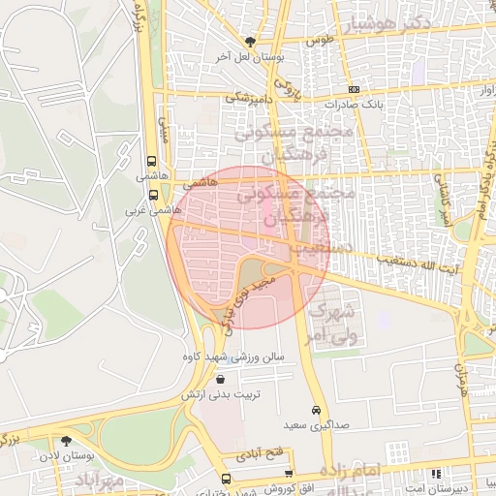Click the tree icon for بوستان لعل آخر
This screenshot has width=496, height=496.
pyautogui.click(x=252, y=42)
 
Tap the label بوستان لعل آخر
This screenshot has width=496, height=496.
pyautogui.click(x=251, y=57)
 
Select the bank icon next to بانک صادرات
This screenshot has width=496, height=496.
pyautogui.click(x=354, y=88)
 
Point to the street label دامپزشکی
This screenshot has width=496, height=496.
pyautogui.click(x=251, y=98)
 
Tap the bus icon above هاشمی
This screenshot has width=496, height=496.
pyautogui.click(x=150, y=162)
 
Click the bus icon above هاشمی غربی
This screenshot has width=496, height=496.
pyautogui.click(x=153, y=195)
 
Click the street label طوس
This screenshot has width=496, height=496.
pyautogui.click(x=320, y=41)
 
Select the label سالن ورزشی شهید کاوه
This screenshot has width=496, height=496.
pyautogui.click(x=232, y=356)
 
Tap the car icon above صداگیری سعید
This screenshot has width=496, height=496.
pyautogui.click(x=317, y=410)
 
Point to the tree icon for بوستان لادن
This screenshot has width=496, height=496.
pyautogui.click(x=66, y=440)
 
